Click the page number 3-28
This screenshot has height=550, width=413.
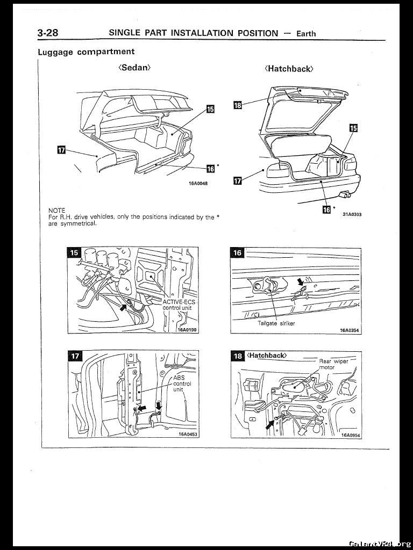click(x=48, y=33)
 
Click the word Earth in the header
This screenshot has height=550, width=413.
click(x=306, y=33)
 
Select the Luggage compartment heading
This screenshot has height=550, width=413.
click(x=86, y=52)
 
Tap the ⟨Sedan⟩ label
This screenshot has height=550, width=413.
click(x=134, y=68)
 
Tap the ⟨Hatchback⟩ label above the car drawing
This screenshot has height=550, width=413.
click(x=289, y=69)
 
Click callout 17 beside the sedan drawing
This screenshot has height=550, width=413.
click(x=61, y=149)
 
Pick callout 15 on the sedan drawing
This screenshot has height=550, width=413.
click(x=210, y=110)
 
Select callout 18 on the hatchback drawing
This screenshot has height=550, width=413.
click(x=238, y=105)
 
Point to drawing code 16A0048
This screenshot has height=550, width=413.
click(x=198, y=183)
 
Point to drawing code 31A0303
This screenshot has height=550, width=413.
click(x=352, y=214)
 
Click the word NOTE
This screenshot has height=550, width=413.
click(x=56, y=210)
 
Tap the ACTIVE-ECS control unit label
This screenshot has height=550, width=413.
click(x=179, y=305)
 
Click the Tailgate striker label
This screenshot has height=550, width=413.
click(x=276, y=323)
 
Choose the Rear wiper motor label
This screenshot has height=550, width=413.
click(x=333, y=364)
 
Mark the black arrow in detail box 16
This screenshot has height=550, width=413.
click(x=301, y=283)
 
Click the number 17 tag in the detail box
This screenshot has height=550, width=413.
click(x=75, y=356)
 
